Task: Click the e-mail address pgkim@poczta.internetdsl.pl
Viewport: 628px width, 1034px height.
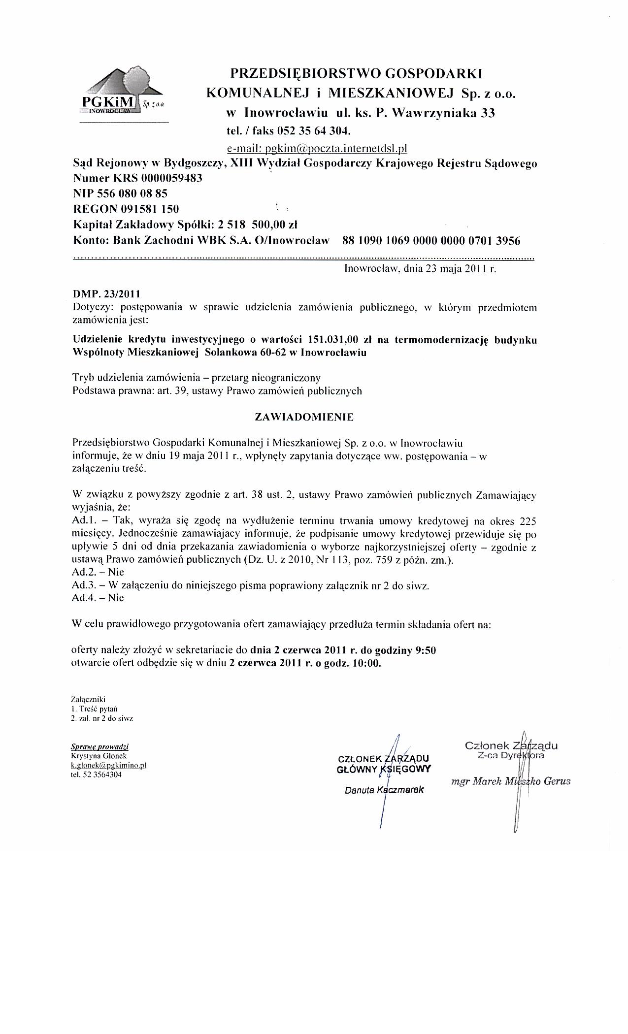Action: point(317,148)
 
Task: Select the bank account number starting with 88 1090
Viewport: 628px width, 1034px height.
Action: point(431,241)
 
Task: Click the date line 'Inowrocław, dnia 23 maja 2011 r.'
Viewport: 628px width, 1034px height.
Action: point(421,269)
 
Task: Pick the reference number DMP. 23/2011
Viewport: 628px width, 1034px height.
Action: point(106,294)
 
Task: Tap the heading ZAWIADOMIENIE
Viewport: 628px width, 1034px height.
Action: point(304,417)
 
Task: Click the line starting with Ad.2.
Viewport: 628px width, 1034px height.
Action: point(98,572)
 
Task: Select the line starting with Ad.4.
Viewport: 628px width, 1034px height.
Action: point(98,598)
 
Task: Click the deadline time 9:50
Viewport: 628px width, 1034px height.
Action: point(426,650)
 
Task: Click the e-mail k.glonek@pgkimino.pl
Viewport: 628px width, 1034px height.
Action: point(108,765)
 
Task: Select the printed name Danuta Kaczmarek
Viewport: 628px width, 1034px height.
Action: point(384,791)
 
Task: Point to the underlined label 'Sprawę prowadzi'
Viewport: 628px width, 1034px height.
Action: point(100,747)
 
